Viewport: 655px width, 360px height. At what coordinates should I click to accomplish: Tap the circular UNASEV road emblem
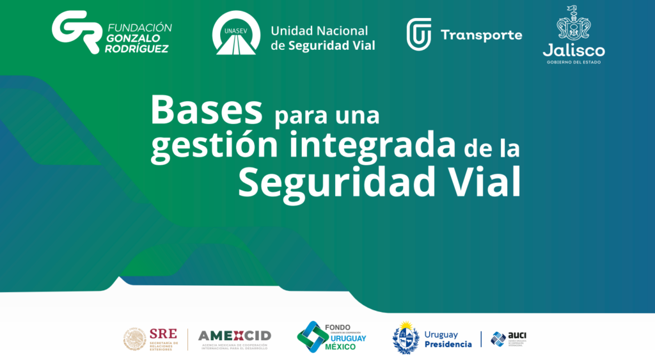click(237, 33)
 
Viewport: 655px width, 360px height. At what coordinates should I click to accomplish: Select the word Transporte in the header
click(481, 35)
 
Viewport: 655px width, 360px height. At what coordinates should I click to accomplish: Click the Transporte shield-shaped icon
click(419, 35)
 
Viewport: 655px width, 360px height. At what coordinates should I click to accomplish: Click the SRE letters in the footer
click(162, 333)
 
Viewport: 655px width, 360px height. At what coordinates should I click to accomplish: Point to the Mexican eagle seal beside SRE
click(135, 339)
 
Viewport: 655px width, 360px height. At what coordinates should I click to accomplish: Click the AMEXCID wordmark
click(234, 336)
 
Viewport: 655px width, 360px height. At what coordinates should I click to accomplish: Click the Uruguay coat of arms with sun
click(406, 337)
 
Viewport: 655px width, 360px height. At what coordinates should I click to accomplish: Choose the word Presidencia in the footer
click(448, 344)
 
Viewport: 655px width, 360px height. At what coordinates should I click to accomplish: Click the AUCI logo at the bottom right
click(509, 338)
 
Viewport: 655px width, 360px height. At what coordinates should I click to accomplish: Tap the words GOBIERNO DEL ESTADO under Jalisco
click(574, 62)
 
